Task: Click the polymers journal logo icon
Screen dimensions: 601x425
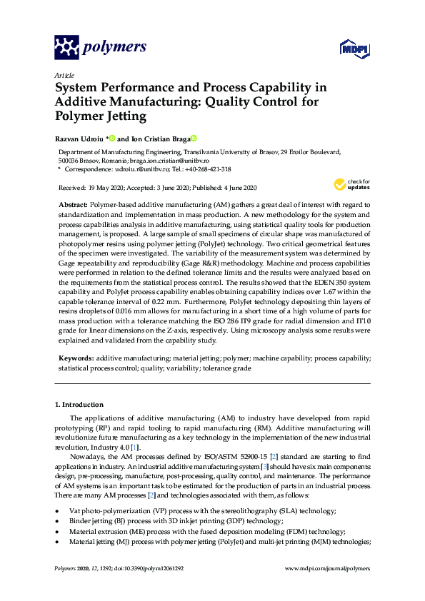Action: [66, 48]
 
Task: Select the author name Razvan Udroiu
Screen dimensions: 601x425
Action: [78, 138]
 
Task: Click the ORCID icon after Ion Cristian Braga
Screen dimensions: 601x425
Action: [193, 138]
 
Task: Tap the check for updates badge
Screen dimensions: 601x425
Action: [349, 185]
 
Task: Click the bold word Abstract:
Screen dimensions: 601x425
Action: [72, 204]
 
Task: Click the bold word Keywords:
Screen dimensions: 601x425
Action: [75, 356]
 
